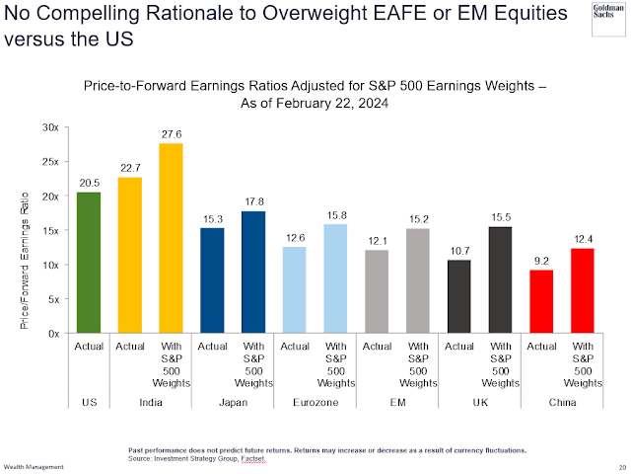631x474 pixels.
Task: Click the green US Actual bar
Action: (x=88, y=263)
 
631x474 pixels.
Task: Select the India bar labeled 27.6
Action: (x=172, y=239)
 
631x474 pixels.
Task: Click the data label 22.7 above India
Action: (x=129, y=168)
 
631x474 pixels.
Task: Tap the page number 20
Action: (x=621, y=467)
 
